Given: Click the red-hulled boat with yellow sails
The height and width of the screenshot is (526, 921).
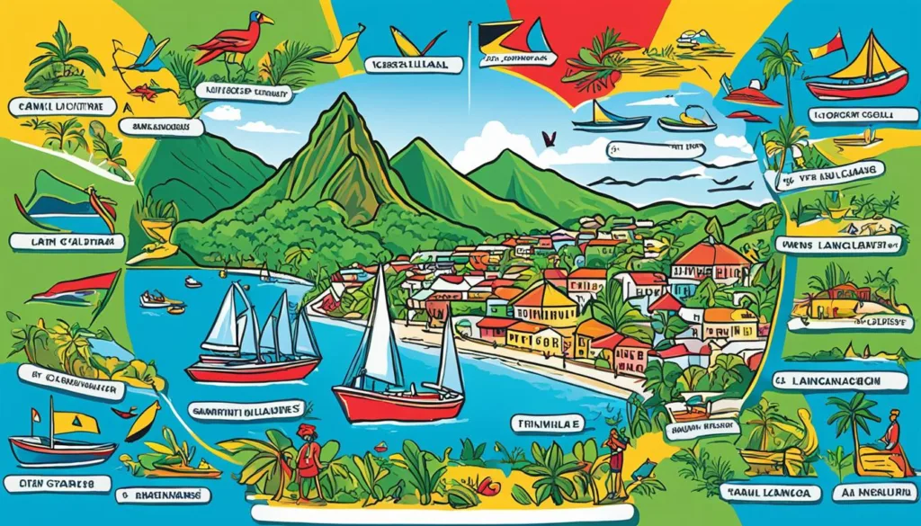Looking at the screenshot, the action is coord(859,76).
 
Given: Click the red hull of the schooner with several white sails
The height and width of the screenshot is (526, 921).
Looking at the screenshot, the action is coord(252,369).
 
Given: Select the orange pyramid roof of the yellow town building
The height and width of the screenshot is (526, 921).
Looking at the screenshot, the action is coord(542,297).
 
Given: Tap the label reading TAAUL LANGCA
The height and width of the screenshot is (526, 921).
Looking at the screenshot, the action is coord(770,491).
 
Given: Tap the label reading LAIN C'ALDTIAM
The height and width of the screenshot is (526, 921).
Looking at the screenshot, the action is coord(59,241).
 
